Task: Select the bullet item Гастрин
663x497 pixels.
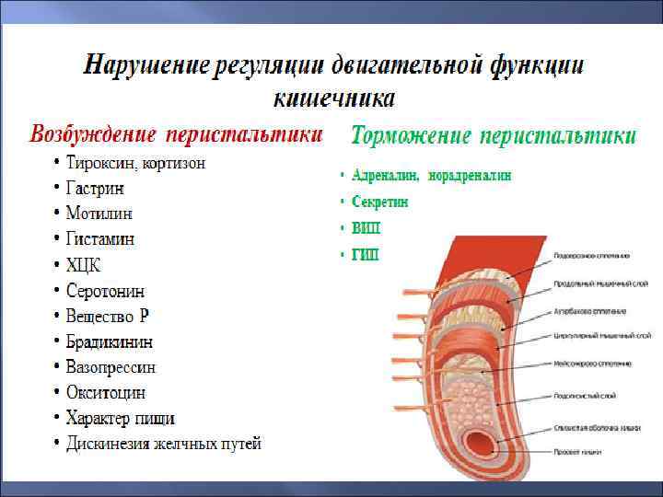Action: (95, 188)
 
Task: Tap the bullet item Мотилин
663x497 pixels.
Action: (99, 214)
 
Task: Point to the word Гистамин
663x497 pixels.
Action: (100, 239)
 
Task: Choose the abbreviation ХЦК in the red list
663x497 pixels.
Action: (83, 265)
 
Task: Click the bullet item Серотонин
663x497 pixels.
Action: (105, 291)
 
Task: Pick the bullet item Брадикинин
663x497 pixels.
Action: (110, 341)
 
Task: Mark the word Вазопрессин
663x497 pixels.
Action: (110, 367)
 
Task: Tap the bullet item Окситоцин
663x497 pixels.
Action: (106, 393)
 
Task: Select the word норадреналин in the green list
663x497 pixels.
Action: (470, 175)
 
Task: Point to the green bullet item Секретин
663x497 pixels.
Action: (379, 202)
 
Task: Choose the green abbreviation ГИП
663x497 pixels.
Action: (366, 254)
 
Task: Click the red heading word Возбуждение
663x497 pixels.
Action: (92, 134)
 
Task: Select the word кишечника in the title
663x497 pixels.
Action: (334, 97)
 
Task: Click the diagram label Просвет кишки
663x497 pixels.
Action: (579, 452)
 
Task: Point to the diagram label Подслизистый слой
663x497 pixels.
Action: (585, 395)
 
